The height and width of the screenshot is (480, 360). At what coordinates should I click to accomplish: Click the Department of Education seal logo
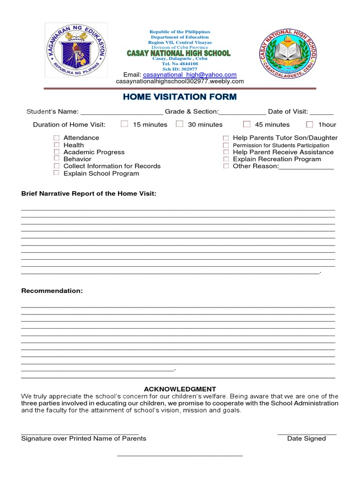point(75,50)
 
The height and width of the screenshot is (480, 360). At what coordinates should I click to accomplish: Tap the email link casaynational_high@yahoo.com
point(189,75)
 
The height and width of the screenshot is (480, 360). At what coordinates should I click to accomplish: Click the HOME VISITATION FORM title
point(180,97)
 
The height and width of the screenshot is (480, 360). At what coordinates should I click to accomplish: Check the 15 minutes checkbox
point(124,124)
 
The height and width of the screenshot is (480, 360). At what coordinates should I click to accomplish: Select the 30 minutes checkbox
point(180,124)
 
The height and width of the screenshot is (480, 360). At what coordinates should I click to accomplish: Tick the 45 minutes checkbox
point(247,124)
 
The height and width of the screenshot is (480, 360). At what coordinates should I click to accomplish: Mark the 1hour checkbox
point(309,125)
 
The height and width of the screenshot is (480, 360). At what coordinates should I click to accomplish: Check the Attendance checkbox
point(56,138)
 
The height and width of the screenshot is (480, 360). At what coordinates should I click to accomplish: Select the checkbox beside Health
point(56,145)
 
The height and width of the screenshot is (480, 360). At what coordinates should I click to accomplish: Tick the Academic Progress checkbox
point(56,152)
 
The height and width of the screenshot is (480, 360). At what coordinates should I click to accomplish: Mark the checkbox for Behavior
point(56,159)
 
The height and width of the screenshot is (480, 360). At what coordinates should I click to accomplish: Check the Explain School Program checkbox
point(56,173)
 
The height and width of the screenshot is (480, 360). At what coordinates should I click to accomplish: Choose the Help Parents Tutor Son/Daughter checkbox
point(226,138)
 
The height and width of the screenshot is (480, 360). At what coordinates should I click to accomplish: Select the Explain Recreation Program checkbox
point(226,159)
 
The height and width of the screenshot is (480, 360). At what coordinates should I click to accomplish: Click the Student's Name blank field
point(122,112)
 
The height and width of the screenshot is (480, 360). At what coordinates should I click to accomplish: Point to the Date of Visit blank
point(322,112)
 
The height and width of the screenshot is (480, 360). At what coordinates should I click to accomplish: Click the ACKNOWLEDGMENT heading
point(180,389)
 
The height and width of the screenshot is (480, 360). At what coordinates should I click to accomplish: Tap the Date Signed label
point(306,439)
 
